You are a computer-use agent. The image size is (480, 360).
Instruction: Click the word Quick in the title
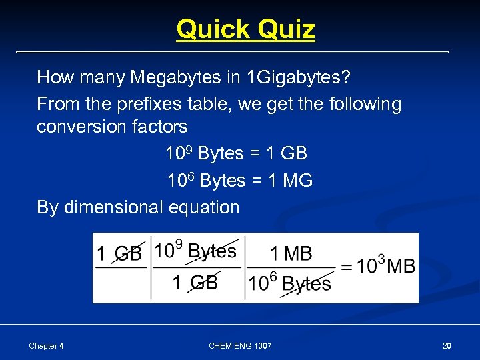208,29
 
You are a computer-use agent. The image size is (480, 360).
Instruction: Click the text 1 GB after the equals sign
286,153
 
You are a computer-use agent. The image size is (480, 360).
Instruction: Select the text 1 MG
289,181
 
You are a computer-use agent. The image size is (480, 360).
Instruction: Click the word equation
204,207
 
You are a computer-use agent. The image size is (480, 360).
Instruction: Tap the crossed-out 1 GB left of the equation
119,254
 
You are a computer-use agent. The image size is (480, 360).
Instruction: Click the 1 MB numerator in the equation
291,254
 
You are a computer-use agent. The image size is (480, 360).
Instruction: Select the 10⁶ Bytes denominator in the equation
290,283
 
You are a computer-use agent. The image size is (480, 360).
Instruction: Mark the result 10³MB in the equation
386,266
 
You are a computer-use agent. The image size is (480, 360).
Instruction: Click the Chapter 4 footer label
46,346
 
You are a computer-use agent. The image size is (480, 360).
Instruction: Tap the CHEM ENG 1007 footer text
240,346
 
